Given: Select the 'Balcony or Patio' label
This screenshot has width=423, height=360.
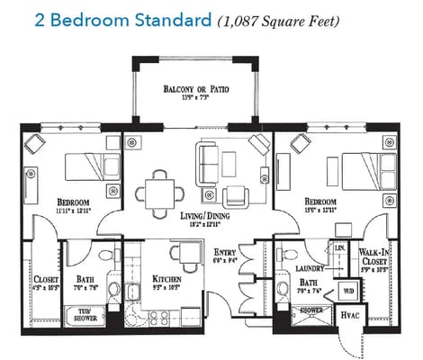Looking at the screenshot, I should point(194,90).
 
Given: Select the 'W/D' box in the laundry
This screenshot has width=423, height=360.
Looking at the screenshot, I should point(346,291).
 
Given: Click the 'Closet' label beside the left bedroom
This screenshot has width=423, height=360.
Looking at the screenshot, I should point(46,280).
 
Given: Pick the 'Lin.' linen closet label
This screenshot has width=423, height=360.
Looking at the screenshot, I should point(339,247).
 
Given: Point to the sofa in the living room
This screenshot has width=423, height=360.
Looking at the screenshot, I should point(210,162).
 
